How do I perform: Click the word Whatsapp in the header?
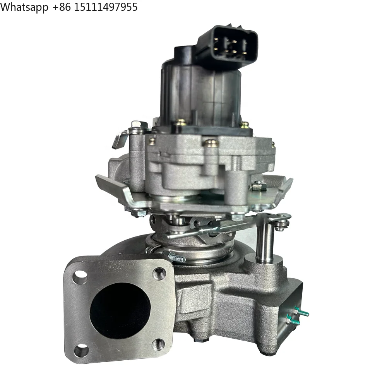[24, 7]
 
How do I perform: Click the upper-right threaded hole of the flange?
[159, 274]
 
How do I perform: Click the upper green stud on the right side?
[301, 312]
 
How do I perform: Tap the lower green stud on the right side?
[294, 320]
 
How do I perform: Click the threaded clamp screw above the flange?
[174, 257]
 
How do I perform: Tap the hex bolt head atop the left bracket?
[138, 125]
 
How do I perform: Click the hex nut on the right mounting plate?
[258, 187]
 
